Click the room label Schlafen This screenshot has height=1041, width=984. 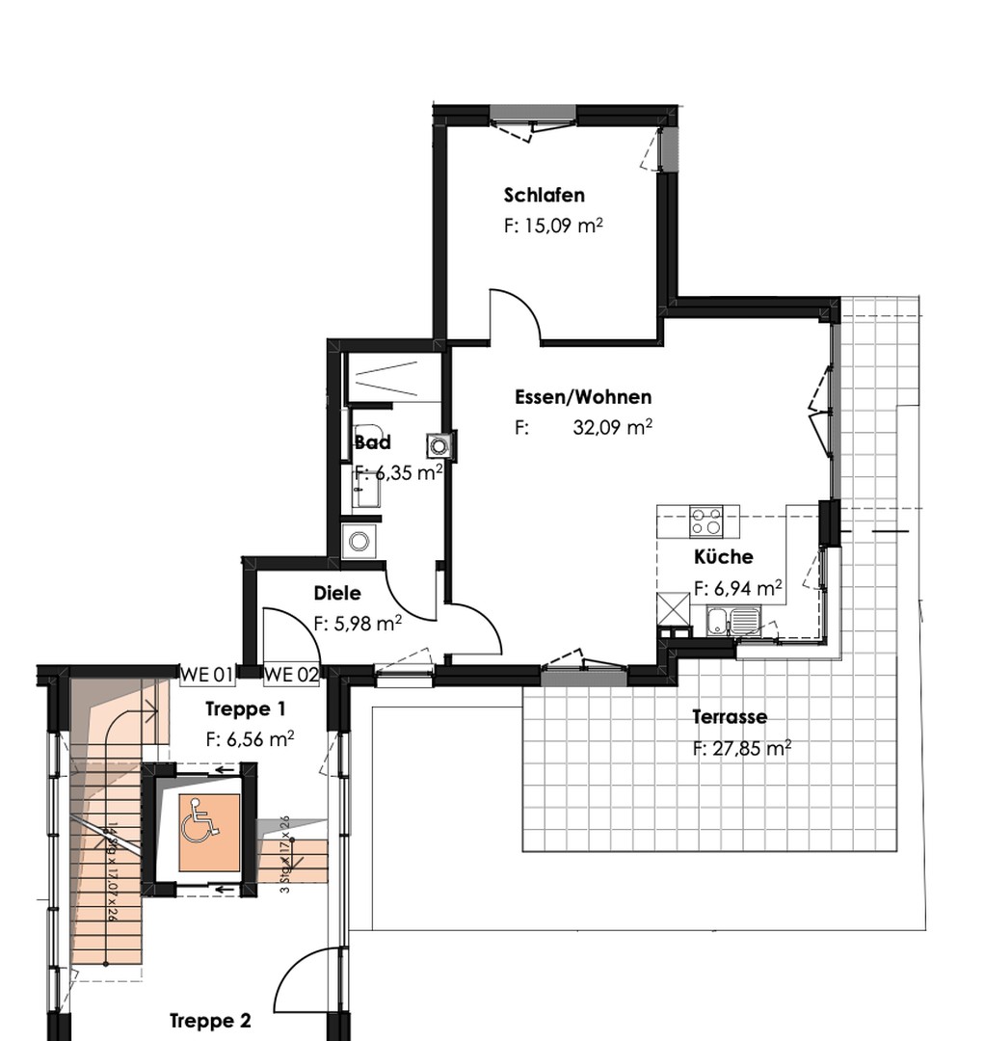pos(544,196)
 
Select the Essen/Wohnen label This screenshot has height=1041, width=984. pos(583,397)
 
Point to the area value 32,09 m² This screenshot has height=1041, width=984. pos(612,428)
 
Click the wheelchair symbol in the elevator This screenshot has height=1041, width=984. pos(200,820)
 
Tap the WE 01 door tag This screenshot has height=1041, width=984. pos(207,674)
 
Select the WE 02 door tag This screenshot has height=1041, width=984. pos(291,674)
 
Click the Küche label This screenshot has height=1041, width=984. pos(724,557)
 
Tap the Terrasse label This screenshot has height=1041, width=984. pos(730,717)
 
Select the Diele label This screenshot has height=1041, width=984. pos(337,594)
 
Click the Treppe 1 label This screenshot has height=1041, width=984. pos(246,709)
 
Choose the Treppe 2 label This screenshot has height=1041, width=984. pos(210,1021)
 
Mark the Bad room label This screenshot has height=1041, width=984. pos(373,443)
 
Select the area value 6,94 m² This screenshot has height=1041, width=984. pos(737,587)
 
